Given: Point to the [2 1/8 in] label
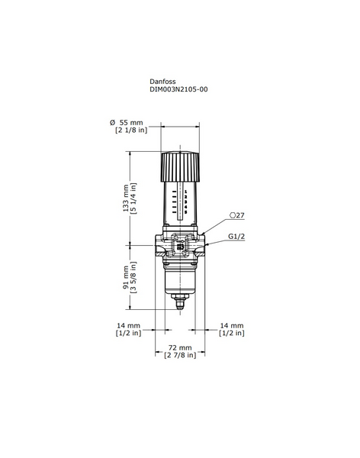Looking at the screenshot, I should pyautogui.click(x=130, y=131).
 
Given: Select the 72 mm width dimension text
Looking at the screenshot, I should pyautogui.click(x=179, y=347).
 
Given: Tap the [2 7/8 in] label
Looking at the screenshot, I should pyautogui.click(x=180, y=355).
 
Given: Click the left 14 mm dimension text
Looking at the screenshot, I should pyautogui.click(x=127, y=325).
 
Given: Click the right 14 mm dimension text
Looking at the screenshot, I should pyautogui.click(x=232, y=325).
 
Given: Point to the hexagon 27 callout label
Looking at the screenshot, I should pyautogui.click(x=236, y=216).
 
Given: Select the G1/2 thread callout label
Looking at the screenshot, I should pyautogui.click(x=236, y=237).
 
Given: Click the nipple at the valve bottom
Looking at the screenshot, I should pyautogui.click(x=180, y=303).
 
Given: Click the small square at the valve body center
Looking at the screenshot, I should pyautogui.click(x=180, y=247).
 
